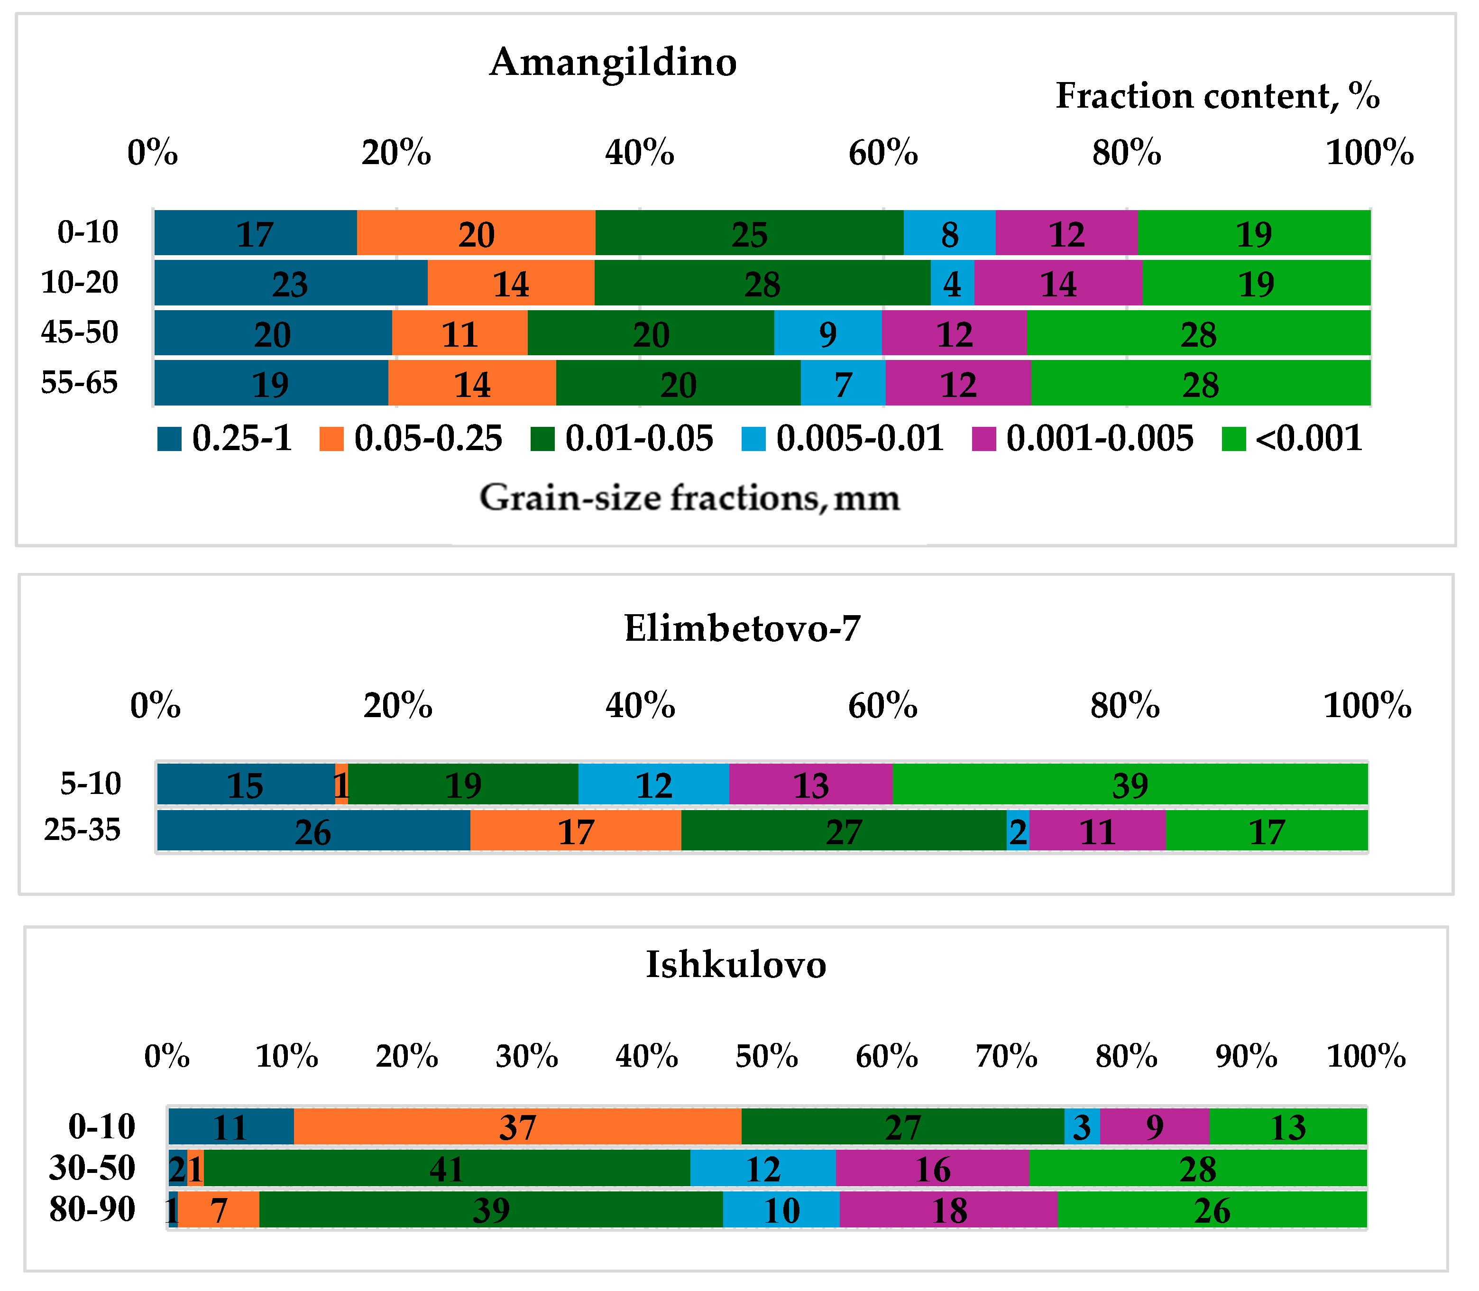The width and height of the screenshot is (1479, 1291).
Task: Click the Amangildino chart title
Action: click(613, 63)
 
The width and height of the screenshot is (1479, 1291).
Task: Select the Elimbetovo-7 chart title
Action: click(742, 629)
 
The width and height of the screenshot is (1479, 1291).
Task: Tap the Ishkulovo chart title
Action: click(735, 965)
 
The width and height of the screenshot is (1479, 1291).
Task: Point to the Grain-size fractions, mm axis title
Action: click(689, 498)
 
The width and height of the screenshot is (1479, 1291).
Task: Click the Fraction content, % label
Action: click(1217, 96)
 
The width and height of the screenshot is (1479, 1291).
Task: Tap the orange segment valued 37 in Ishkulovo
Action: click(517, 1127)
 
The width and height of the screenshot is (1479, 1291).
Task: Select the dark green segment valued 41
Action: click(447, 1169)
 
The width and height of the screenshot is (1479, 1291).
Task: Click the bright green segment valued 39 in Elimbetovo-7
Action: click(1130, 784)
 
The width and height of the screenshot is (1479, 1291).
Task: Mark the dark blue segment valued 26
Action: click(313, 831)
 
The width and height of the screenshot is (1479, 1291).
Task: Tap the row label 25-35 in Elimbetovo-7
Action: click(82, 830)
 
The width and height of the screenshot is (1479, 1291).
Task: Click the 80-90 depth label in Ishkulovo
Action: click(92, 1209)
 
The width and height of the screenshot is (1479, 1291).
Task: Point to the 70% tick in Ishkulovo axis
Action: click(1006, 1057)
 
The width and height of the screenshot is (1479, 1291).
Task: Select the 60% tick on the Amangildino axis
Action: click(883, 154)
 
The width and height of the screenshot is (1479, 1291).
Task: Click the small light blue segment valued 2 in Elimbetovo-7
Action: click(1017, 831)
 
